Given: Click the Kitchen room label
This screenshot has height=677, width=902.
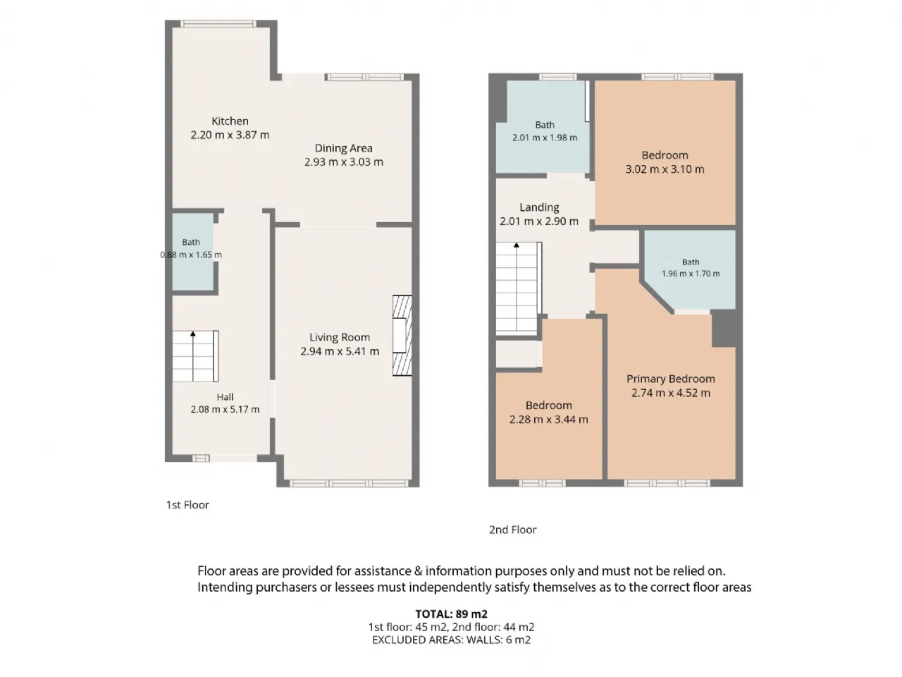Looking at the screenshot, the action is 230,121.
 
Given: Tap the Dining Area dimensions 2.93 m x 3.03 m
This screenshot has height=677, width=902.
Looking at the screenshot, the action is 344,162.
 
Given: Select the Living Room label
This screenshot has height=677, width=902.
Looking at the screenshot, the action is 340,338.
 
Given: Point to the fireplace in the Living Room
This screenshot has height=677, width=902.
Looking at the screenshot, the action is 402,335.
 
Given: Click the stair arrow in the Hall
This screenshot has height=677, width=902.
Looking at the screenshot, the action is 192,356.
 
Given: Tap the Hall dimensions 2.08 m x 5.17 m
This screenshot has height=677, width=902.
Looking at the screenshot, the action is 225,410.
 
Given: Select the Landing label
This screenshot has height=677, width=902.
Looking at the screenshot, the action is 539,207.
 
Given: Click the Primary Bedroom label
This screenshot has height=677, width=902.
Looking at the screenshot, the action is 671,379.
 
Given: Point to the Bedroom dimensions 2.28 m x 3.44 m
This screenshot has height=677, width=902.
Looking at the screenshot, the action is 548,420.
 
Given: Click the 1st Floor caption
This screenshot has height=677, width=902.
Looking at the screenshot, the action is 187,505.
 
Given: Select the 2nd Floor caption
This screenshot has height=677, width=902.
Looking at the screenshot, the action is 512,530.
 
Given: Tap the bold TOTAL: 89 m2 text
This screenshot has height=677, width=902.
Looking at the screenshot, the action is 451,614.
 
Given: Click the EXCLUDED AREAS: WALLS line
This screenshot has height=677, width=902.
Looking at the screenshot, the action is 451,640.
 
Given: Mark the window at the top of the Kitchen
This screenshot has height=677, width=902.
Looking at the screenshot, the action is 218,24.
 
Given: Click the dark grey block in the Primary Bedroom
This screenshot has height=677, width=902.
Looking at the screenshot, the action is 723,329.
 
